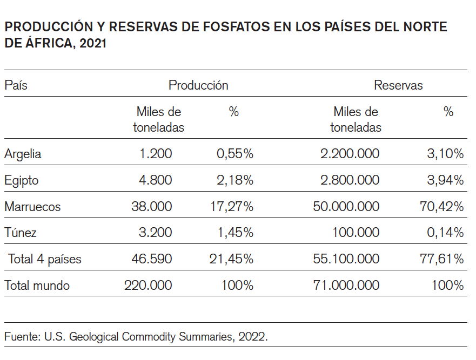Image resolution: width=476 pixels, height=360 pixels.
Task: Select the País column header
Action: [x=16, y=85]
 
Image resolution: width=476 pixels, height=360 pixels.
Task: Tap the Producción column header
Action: [x=198, y=85]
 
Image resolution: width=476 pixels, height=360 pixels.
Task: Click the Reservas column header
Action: [x=398, y=85]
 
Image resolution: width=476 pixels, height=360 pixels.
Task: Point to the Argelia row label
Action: [x=23, y=154]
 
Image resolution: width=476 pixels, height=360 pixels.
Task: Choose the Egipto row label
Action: [x=22, y=180]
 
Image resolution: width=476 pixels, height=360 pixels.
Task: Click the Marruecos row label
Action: [x=32, y=207]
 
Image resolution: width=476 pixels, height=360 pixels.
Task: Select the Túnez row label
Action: [x=21, y=233]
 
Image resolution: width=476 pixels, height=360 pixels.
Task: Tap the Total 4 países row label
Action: [x=45, y=259]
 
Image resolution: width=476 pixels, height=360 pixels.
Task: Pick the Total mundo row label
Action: [x=37, y=286]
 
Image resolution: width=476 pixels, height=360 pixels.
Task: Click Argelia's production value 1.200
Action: [x=156, y=154]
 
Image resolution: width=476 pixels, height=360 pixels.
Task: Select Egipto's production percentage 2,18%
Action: [x=235, y=180]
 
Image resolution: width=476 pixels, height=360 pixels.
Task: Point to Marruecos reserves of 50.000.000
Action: [x=346, y=207]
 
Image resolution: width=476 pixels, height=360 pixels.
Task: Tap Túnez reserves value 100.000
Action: [x=356, y=233]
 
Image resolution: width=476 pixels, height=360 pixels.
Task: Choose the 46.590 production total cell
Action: [x=152, y=259]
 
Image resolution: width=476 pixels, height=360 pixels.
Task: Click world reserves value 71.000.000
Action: [x=346, y=286]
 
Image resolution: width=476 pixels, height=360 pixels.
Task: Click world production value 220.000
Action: [x=148, y=286]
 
